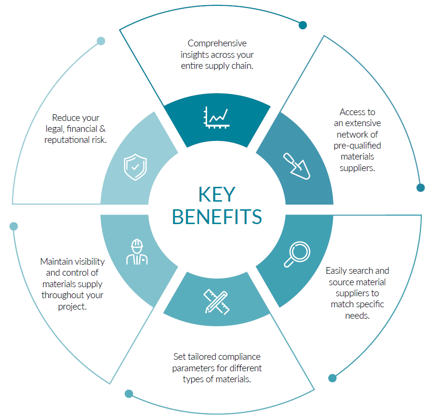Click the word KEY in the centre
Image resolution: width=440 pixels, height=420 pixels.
[x=217, y=194]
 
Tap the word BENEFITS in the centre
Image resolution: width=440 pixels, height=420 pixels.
[x=217, y=216]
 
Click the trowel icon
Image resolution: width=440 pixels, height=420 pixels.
[x=297, y=165]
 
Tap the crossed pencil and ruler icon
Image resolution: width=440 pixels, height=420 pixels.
[x=216, y=301]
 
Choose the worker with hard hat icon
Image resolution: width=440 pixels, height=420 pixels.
[x=137, y=252]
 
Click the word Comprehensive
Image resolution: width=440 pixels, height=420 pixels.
[x=217, y=43]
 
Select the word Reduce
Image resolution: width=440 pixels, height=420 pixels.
[x=65, y=118]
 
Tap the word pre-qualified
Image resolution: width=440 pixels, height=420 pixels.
[x=357, y=145]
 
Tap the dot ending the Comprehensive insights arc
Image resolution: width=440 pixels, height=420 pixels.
[x=303, y=25]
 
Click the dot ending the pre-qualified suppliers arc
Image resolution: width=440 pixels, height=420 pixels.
[x=420, y=187]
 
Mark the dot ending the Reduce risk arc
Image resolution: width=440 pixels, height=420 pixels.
[x=101, y=41]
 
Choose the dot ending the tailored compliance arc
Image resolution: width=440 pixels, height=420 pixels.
[x=129, y=394]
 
